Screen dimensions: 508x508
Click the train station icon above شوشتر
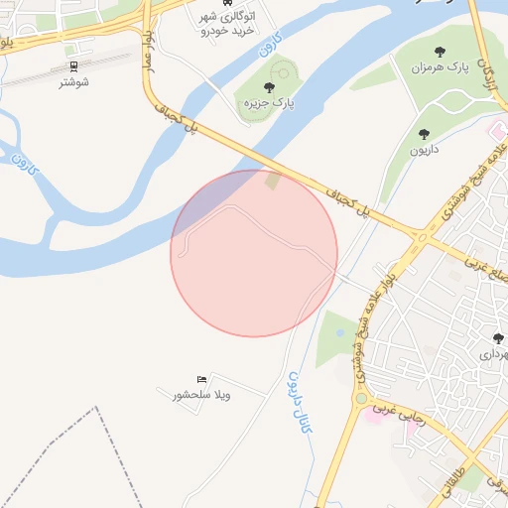click(x=73, y=66)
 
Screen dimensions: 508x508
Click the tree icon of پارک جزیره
click(x=270, y=87)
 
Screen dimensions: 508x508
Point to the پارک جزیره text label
click(x=270, y=102)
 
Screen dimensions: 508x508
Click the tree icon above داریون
click(x=425, y=134)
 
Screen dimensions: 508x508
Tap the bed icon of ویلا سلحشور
click(x=202, y=379)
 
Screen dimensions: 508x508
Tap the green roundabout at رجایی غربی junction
click(x=360, y=399)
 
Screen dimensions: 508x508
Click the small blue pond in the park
click(x=342, y=333)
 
